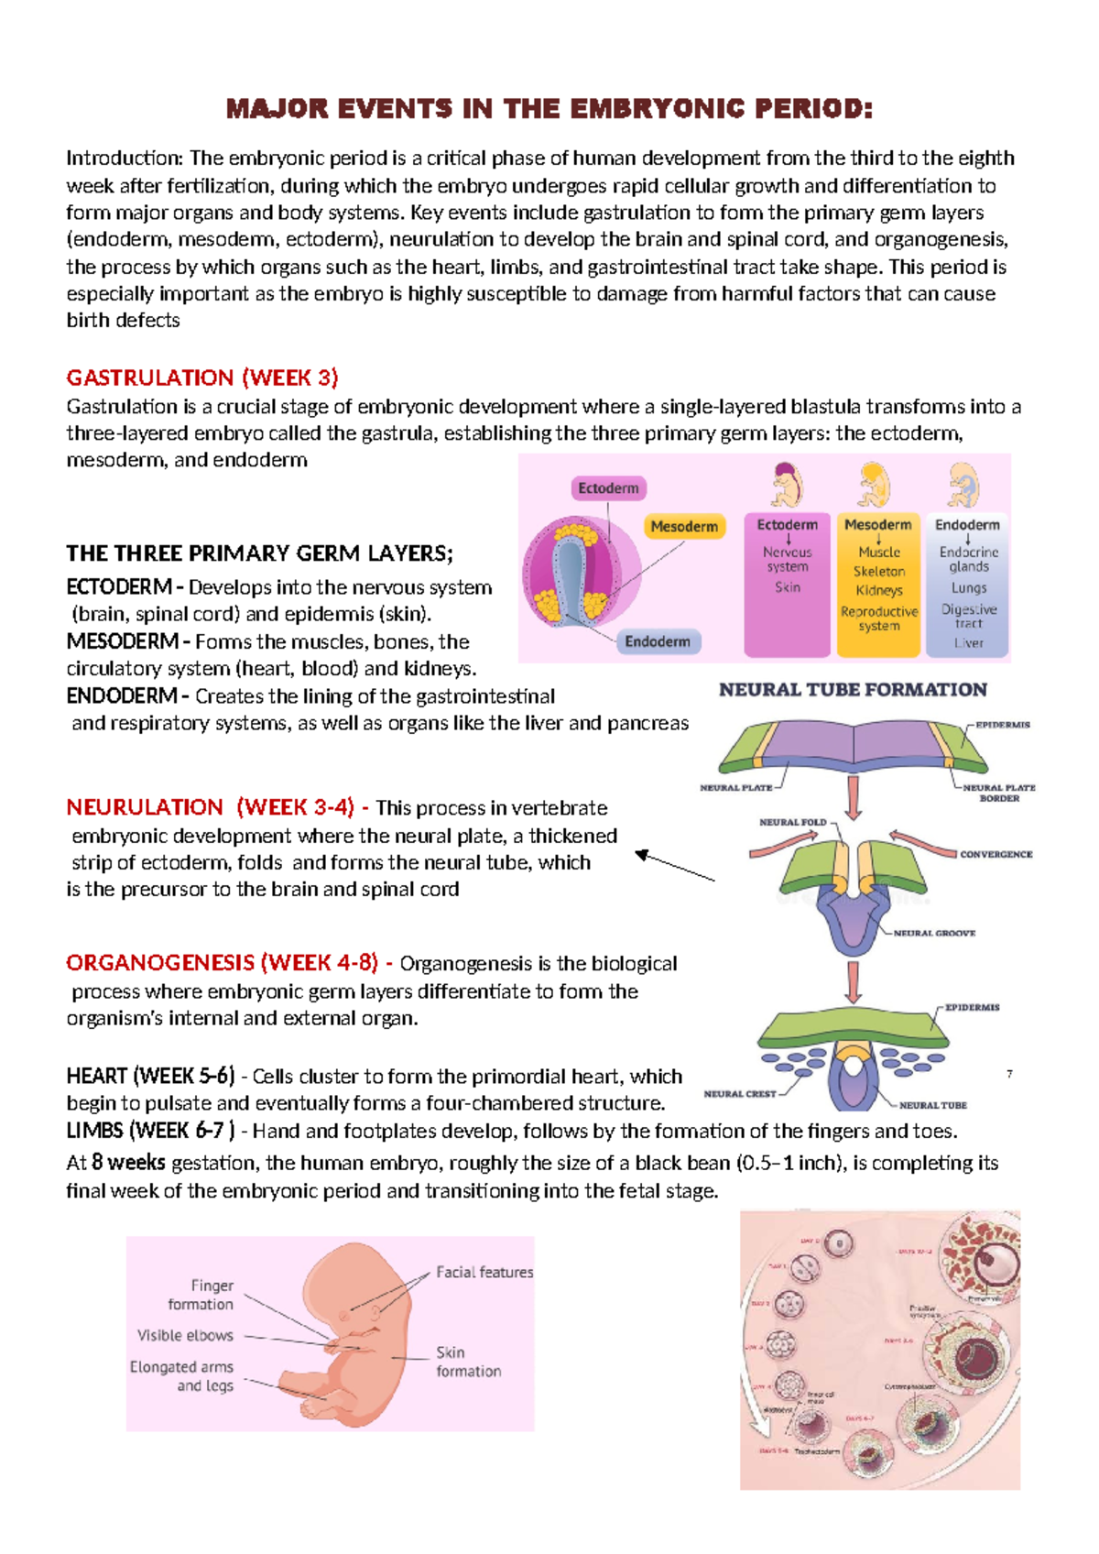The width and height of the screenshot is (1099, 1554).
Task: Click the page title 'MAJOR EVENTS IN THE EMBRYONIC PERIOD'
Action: tap(549, 110)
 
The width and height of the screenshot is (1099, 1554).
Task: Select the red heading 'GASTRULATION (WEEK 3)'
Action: tap(202, 378)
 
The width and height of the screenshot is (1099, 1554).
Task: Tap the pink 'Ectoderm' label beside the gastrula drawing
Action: tap(608, 488)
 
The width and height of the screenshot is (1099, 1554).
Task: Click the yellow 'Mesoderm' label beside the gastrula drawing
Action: tap(683, 527)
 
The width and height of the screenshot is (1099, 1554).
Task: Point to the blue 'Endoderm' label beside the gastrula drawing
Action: tap(657, 641)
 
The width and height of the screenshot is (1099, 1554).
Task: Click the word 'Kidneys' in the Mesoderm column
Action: tap(879, 590)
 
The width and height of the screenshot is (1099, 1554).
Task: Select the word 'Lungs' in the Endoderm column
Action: tap(968, 588)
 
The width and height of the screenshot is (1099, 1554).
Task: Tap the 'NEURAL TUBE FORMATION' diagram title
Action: tap(853, 690)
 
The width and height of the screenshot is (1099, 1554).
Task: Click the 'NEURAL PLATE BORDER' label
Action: tap(999, 793)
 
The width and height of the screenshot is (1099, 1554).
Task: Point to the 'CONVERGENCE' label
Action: tap(996, 854)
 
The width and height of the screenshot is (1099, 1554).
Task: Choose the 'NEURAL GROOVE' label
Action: tap(934, 933)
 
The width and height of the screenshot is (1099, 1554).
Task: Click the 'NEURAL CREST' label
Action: tap(739, 1094)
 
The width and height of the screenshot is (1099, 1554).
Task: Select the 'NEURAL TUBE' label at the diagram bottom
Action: tap(932, 1105)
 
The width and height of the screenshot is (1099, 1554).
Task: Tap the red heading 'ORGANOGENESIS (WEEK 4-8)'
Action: tap(222, 963)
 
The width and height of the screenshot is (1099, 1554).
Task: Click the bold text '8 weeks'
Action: tap(128, 1163)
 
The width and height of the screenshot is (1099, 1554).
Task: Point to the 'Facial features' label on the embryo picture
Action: tap(484, 1272)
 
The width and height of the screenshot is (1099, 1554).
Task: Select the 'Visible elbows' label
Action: tap(185, 1335)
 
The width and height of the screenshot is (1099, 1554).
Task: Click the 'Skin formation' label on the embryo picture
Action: tap(468, 1362)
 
